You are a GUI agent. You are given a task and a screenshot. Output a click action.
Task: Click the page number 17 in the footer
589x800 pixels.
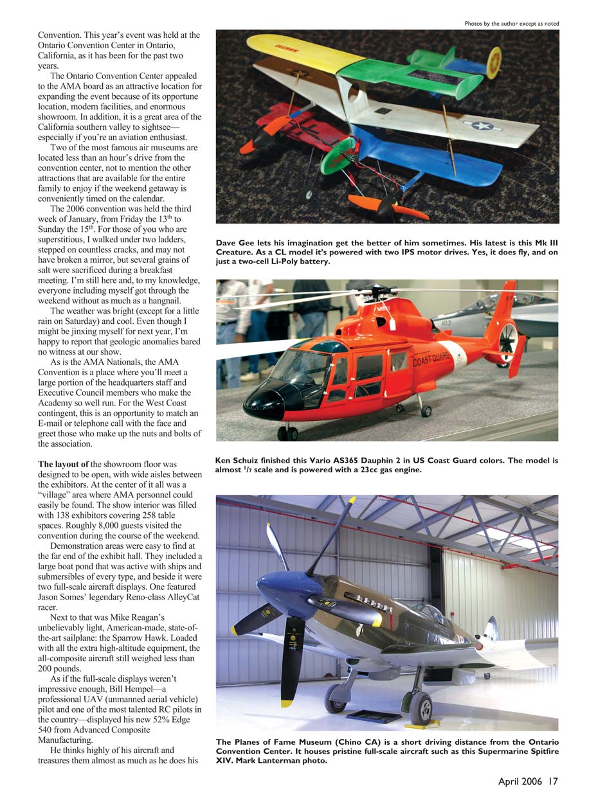click(x=553, y=781)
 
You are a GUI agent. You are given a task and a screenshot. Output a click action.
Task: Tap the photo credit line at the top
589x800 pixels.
click(x=511, y=24)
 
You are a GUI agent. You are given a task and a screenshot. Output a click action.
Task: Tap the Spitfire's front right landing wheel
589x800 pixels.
click(x=421, y=707)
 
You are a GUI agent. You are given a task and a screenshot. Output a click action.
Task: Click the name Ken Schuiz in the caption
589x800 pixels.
click(x=237, y=461)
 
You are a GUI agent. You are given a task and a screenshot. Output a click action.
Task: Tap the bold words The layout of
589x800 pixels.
click(x=63, y=464)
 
